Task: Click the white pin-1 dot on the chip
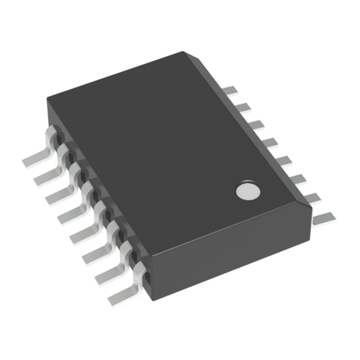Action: [247, 191]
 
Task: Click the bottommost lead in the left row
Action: [123, 293]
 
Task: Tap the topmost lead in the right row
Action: [228, 91]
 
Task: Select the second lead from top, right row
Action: [242, 107]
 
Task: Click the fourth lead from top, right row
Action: [271, 142]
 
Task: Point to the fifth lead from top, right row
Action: [284, 160]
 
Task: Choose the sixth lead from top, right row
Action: [298, 179]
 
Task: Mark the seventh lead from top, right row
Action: [313, 197]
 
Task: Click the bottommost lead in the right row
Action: [325, 217]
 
